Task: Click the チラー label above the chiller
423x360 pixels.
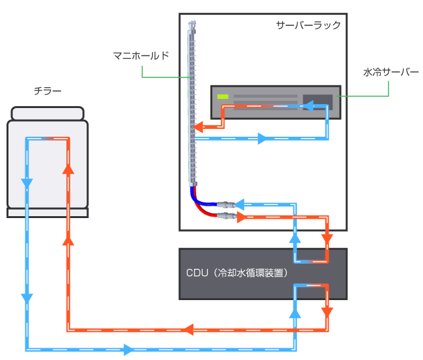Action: [x=48, y=92]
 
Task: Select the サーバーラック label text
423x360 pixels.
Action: [x=308, y=25]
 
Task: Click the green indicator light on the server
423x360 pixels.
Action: [x=223, y=97]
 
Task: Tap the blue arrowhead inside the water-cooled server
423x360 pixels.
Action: [x=311, y=104]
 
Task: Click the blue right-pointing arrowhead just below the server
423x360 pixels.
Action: [x=263, y=139]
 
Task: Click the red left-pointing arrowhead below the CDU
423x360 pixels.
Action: [x=191, y=329]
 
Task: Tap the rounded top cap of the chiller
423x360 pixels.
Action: [x=48, y=113]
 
